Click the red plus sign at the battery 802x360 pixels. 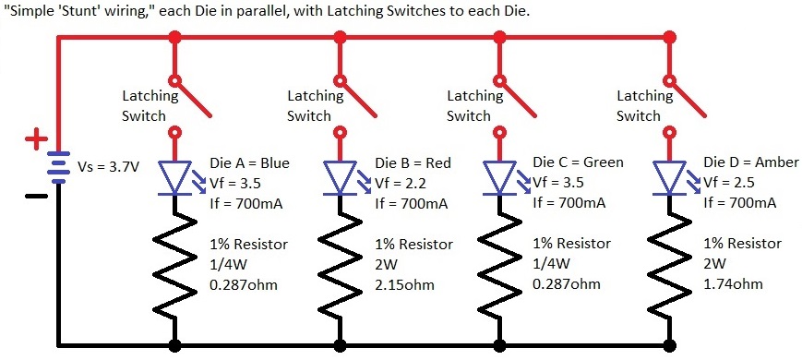click(x=35, y=139)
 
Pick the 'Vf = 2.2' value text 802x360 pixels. click(x=400, y=182)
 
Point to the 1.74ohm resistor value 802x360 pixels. click(x=733, y=284)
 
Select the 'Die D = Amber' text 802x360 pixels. click(x=750, y=162)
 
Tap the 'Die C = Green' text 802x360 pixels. click(x=578, y=162)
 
